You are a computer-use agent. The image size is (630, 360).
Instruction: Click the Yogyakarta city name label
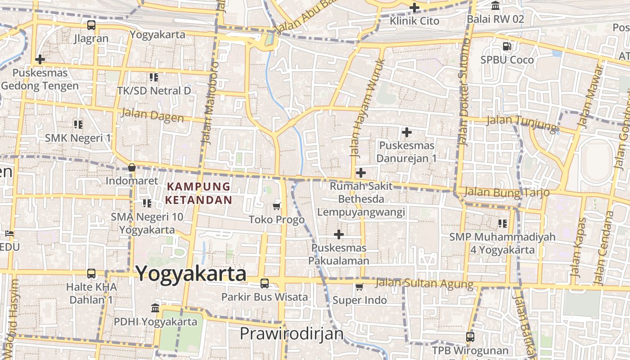coord(191,274)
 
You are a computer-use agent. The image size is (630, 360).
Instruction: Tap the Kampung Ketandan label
coord(198,193)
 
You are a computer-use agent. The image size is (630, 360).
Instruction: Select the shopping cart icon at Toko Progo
coord(277,206)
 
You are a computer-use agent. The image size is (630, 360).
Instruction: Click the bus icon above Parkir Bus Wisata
coord(265,283)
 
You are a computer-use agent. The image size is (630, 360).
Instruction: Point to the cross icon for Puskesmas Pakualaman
coord(339,234)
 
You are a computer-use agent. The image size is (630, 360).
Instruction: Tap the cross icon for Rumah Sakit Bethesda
coord(360,173)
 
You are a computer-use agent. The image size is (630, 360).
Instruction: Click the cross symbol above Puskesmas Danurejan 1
coord(407,132)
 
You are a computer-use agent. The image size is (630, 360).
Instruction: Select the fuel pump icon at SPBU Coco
coord(507,46)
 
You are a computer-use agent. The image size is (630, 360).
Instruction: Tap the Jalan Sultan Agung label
coord(424,283)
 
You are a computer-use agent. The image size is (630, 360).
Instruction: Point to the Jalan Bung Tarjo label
coord(507,192)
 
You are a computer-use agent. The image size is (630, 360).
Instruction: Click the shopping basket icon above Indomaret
coord(132,168)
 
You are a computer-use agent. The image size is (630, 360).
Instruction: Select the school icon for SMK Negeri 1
coord(78,124)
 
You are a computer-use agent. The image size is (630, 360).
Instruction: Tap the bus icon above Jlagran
coord(91,25)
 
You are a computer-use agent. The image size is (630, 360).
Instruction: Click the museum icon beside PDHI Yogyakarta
coord(155,308)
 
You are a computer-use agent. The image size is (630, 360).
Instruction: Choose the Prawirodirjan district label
coord(292,334)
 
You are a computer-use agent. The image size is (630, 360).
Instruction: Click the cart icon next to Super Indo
coord(359,287)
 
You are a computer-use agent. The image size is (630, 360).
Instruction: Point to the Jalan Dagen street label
coord(153,115)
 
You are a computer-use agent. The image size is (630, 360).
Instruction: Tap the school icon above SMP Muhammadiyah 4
coord(503,223)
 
